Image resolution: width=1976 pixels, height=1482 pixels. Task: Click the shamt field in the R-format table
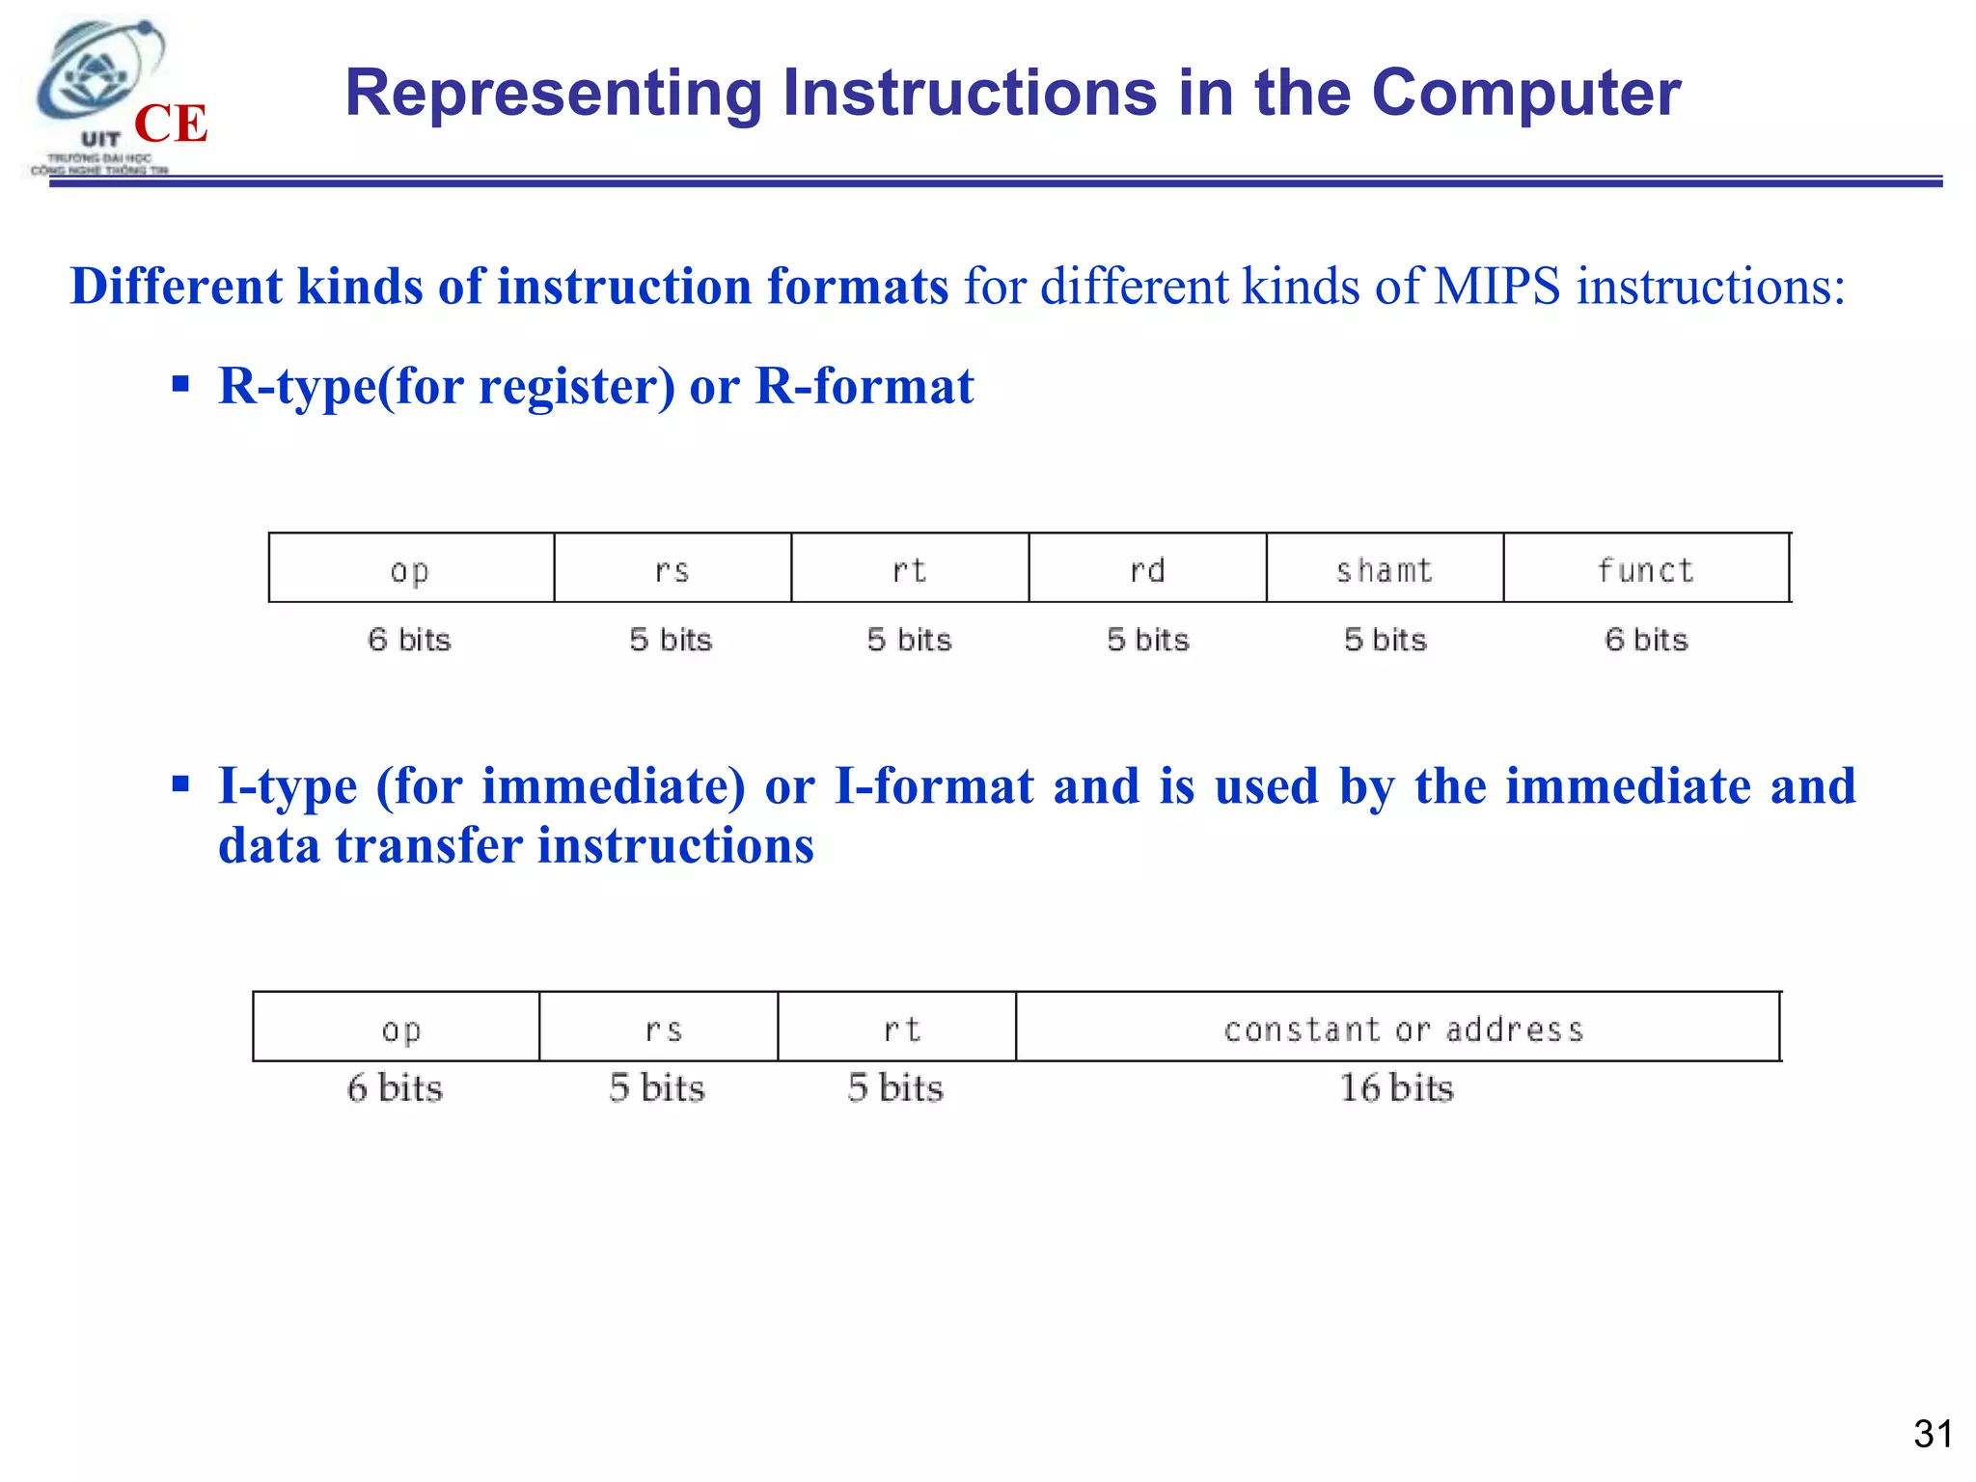(x=1385, y=569)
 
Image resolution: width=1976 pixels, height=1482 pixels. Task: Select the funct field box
(x=1646, y=569)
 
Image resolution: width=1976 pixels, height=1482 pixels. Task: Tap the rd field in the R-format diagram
(x=1147, y=569)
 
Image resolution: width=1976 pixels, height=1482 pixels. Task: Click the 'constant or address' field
(x=1402, y=1029)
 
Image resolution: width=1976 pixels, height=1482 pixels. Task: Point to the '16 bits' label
(x=1396, y=1088)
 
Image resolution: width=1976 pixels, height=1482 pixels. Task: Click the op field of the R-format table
(x=411, y=569)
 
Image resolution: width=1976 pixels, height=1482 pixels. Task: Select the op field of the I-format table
(x=400, y=1029)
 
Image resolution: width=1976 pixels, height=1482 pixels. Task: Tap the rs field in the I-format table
(x=663, y=1029)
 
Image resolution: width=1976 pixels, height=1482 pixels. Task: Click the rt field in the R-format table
(x=910, y=569)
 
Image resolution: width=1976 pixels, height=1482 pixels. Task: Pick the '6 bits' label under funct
(x=1646, y=640)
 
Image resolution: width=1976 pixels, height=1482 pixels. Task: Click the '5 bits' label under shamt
(x=1385, y=640)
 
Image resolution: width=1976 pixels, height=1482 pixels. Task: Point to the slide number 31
(x=1933, y=1434)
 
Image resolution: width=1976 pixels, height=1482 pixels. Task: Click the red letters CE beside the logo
(x=171, y=123)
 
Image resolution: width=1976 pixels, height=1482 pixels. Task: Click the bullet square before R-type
(x=180, y=385)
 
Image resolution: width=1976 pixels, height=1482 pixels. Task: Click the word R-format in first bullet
(x=864, y=386)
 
